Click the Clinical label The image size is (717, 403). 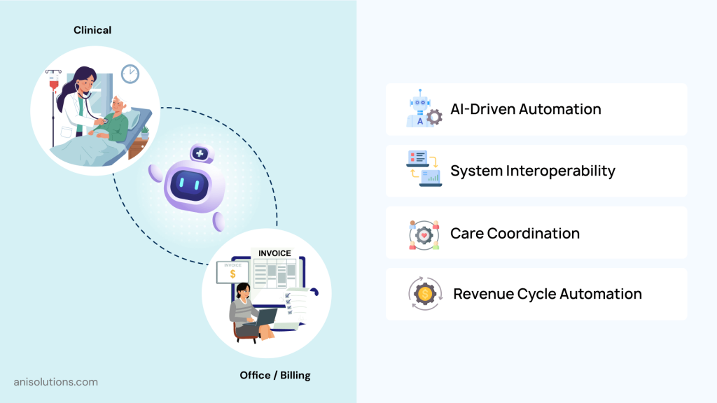(92, 30)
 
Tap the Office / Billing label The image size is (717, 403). (274, 375)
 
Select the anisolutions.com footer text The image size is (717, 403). (56, 382)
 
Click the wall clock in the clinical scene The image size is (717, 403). (130, 73)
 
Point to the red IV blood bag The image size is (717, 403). (53, 88)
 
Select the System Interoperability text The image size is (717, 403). (532, 171)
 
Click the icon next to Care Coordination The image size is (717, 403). (424, 234)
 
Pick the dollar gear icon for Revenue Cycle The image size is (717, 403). (424, 294)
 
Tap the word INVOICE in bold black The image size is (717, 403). (274, 253)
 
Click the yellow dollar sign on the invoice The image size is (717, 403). (232, 275)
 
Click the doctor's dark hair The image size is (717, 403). (78, 77)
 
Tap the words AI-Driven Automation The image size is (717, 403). (525, 109)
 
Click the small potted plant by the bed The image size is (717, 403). (145, 131)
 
